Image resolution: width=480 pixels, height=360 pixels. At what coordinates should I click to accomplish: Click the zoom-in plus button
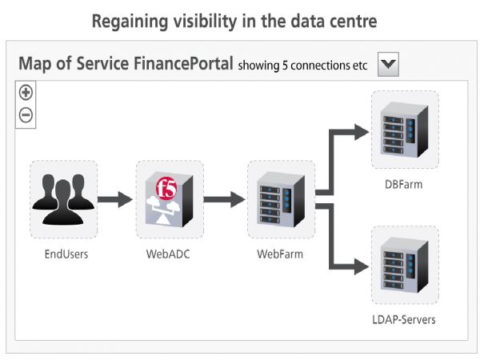[26, 93]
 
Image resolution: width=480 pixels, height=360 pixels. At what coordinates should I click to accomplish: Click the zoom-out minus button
[26, 115]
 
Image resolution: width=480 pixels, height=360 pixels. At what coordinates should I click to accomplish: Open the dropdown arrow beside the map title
[388, 64]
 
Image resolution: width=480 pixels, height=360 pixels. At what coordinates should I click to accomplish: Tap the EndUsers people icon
[63, 199]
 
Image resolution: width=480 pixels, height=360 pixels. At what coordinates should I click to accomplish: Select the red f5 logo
[166, 188]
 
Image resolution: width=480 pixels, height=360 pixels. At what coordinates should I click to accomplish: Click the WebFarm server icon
[281, 199]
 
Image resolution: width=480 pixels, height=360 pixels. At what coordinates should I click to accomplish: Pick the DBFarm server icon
[404, 130]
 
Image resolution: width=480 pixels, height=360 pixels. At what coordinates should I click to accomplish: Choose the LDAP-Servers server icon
[404, 265]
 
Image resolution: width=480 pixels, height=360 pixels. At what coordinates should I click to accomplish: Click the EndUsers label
[66, 254]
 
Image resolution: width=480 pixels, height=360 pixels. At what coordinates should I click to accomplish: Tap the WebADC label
[168, 254]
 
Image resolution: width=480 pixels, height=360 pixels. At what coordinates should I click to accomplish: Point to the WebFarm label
[280, 254]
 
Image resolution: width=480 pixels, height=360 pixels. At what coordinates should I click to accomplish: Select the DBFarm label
[404, 184]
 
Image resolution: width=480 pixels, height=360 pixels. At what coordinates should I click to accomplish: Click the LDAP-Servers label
[404, 319]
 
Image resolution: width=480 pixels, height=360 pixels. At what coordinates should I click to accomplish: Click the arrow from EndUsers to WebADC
[115, 199]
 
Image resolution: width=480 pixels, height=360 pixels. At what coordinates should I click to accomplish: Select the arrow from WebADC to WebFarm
[224, 199]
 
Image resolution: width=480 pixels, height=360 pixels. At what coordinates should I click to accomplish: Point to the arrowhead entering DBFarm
[362, 132]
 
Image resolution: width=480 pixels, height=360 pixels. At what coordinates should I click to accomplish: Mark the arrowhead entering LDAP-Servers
[362, 266]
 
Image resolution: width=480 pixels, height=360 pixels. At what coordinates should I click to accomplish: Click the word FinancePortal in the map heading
[183, 64]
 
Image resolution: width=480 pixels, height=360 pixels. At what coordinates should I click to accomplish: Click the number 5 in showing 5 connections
[285, 66]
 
